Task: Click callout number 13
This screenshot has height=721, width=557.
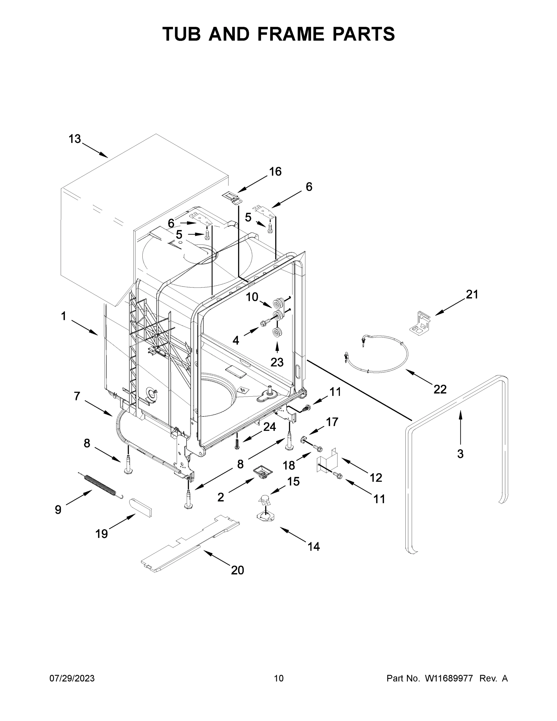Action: click(74, 139)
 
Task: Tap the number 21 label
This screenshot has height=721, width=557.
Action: click(471, 294)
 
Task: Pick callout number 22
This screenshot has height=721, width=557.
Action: click(440, 389)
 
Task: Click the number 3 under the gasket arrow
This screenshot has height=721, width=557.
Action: click(460, 454)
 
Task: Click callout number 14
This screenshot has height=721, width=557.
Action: click(313, 547)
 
